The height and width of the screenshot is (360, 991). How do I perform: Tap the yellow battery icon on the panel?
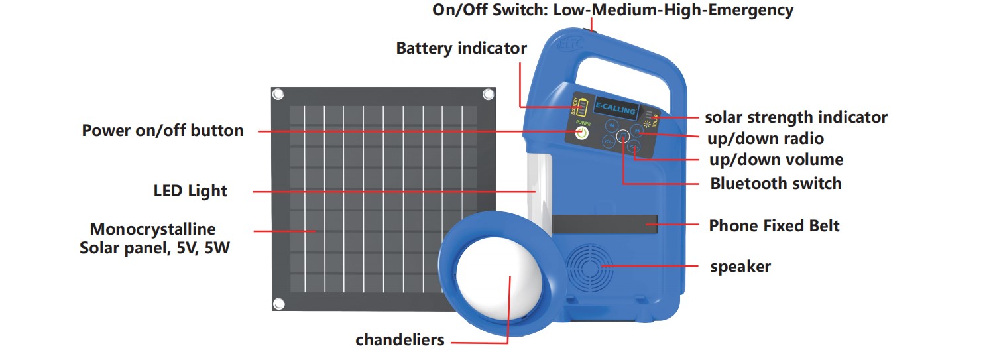(583, 107)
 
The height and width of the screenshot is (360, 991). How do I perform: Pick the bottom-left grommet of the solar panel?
(279, 304)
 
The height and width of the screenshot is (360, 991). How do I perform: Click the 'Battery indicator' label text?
(461, 48)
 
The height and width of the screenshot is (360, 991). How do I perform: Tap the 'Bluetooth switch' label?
(776, 184)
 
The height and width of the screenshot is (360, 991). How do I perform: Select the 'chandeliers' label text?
(400, 341)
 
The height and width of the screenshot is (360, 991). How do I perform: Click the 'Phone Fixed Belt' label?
(774, 226)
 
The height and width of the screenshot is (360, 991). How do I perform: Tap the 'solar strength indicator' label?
(795, 118)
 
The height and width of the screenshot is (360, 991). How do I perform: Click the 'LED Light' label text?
(190, 192)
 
